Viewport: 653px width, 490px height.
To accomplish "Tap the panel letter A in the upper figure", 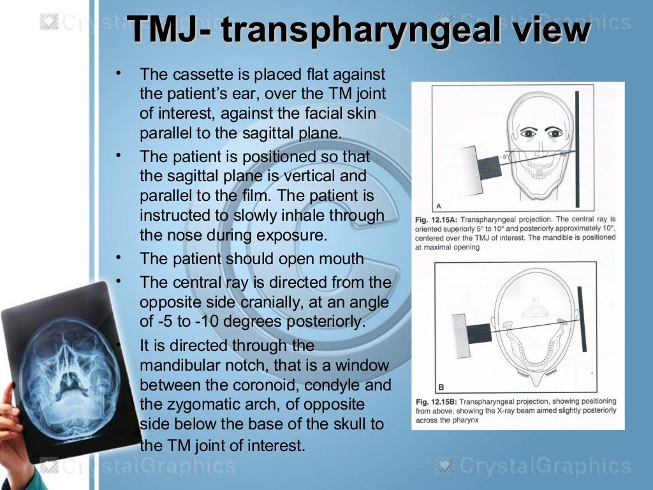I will point(438,206).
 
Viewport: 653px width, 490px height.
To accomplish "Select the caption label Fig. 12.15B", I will point(436,402).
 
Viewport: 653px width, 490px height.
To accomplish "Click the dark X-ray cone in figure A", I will point(489,167).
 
